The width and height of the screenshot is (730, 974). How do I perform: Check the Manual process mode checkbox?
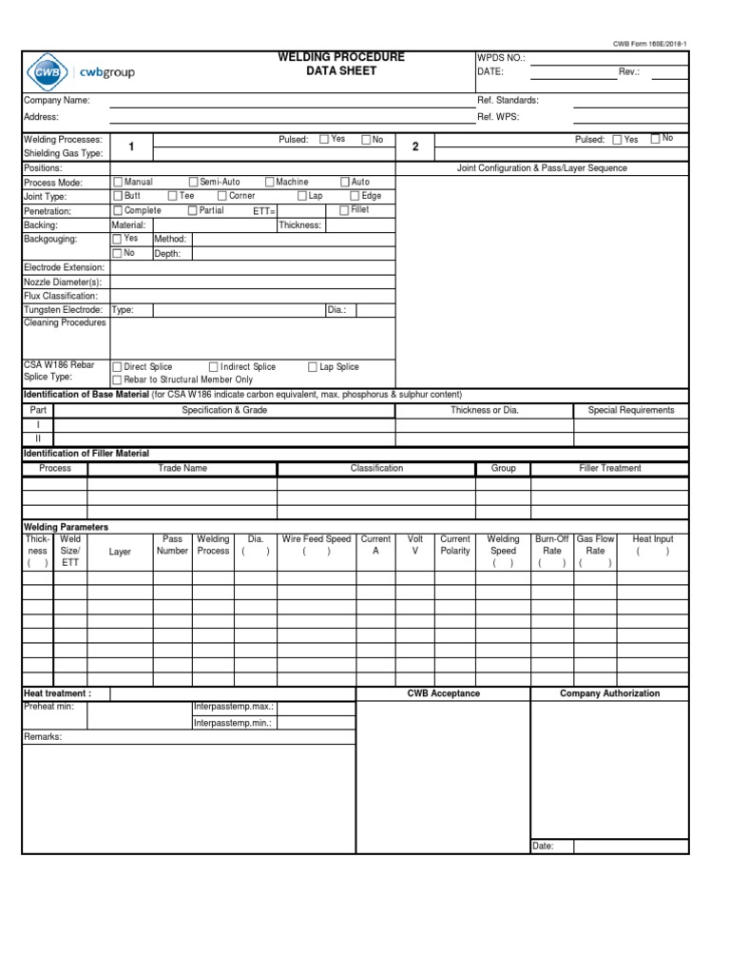118,182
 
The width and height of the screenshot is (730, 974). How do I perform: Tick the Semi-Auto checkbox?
193,182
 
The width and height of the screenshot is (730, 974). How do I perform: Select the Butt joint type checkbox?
118,196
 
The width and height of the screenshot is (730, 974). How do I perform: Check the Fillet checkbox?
344,210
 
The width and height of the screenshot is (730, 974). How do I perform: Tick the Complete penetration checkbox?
118,210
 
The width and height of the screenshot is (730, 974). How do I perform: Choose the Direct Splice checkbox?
118,366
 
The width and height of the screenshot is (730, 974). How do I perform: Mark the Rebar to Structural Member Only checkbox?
118,380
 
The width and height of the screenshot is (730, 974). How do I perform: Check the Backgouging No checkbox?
118,254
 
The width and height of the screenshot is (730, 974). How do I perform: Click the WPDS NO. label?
500,58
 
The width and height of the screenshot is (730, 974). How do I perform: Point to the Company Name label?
56,100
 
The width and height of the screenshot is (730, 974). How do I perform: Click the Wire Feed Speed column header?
317,539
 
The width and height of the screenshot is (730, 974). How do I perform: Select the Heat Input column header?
652,539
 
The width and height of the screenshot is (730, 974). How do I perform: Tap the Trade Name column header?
182,468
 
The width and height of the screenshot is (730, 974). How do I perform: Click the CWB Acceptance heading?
444,693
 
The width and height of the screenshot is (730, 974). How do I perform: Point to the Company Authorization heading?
609,693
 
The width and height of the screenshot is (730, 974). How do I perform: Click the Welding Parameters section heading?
66,527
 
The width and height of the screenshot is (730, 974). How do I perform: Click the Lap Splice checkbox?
313,366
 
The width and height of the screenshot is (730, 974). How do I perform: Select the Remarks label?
43,736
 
